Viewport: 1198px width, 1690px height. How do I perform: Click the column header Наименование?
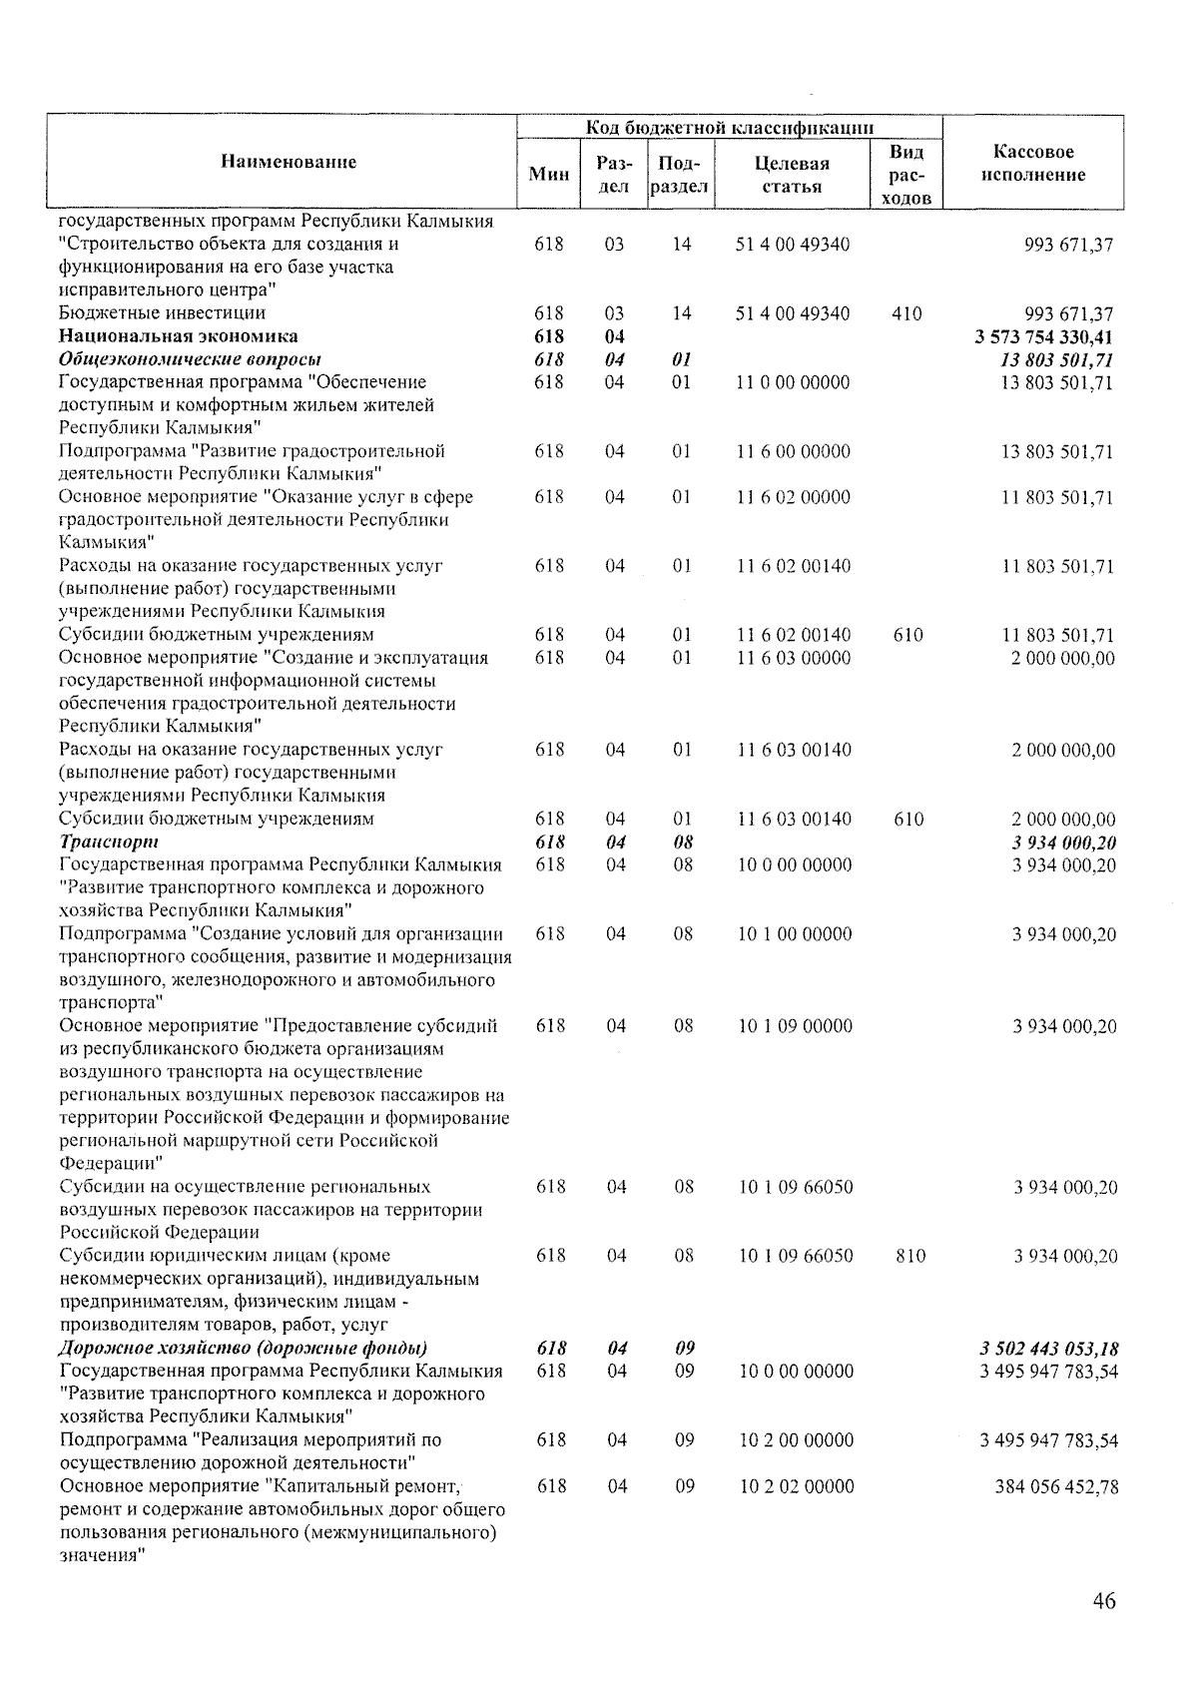pos(288,162)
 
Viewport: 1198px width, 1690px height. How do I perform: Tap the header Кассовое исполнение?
pos(1033,164)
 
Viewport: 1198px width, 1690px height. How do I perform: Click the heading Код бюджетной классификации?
pos(730,127)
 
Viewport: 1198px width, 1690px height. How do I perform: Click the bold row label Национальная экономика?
pos(178,336)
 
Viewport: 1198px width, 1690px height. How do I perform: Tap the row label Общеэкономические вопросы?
pos(190,359)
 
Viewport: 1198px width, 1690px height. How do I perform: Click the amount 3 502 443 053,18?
pos(1048,1349)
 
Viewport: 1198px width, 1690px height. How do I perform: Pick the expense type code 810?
pos(909,1256)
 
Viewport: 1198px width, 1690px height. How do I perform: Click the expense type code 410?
pos(906,313)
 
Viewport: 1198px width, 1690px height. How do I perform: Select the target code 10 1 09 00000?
pos(795,1026)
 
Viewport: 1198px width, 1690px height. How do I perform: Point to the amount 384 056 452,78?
pos(1056,1486)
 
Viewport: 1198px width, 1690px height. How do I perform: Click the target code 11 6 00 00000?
pos(793,451)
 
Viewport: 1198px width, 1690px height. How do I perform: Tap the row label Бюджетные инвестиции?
pos(162,313)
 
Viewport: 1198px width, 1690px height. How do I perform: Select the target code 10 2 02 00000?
pos(796,1486)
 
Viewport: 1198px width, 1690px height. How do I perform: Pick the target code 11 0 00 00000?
pos(793,382)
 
